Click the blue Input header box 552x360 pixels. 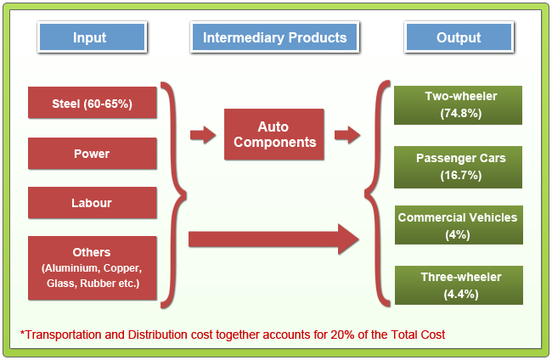[x=91, y=37]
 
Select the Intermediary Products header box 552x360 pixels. [x=274, y=37]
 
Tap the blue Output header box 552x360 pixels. [x=459, y=37]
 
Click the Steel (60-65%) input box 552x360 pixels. [x=92, y=104]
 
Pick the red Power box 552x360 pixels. [x=92, y=154]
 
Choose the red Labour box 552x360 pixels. [x=92, y=203]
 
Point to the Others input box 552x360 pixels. [x=92, y=267]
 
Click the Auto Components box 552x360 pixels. [x=274, y=134]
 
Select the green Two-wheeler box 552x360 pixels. [x=461, y=104]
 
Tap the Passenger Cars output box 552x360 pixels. [x=461, y=166]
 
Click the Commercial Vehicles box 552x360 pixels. [x=458, y=226]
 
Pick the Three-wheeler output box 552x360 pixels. [x=461, y=285]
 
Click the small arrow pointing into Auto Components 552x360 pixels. [x=202, y=134]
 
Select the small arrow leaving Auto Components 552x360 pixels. [x=346, y=134]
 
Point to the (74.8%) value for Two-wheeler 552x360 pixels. [x=461, y=112]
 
